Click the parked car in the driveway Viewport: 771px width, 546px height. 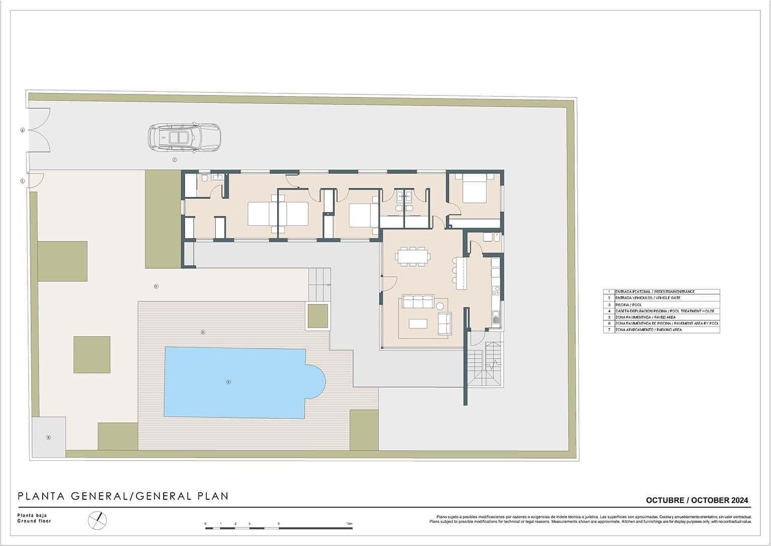[184, 137]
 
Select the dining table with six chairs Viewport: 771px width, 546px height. [413, 257]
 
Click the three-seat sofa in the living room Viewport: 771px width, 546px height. [416, 302]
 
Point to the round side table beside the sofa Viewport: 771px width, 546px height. [441, 306]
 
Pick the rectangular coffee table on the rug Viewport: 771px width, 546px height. [418, 323]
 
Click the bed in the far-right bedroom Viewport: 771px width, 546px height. [474, 191]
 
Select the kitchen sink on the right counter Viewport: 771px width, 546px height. [495, 316]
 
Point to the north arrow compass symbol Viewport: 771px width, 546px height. [97, 520]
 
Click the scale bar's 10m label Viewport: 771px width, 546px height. [349, 524]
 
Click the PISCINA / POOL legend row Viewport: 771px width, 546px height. [661, 305]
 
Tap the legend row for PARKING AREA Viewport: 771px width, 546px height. [661, 330]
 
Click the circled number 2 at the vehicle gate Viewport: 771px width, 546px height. [22, 130]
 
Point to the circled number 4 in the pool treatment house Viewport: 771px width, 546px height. [49, 437]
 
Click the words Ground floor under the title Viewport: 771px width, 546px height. [34, 521]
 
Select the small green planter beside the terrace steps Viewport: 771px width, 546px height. [317, 316]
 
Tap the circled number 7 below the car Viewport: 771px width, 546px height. [174, 160]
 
